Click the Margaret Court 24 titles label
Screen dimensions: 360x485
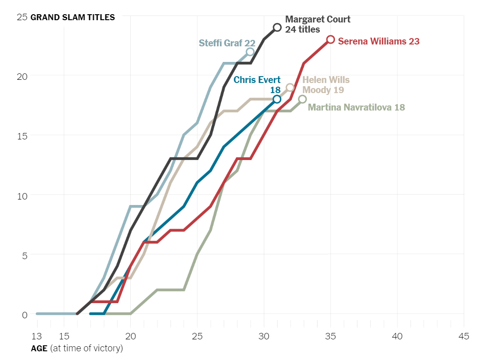[x=318, y=24]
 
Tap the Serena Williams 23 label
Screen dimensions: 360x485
[x=379, y=41]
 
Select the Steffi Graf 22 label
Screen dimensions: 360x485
[x=227, y=43]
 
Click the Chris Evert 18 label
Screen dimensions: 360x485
[x=257, y=85]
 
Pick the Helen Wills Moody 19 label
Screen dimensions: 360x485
[x=326, y=85]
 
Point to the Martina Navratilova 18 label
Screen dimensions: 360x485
[x=356, y=107]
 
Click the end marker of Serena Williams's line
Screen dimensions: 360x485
[x=330, y=39]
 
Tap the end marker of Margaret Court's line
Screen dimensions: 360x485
[x=277, y=28]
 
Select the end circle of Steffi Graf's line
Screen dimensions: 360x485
[x=250, y=52]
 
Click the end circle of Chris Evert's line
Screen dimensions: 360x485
[x=277, y=99]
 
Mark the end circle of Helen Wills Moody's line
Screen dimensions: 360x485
[x=290, y=88]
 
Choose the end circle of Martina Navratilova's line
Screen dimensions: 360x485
[x=302, y=99]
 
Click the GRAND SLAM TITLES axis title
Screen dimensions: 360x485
[x=72, y=17]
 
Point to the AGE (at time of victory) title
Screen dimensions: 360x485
[x=77, y=349]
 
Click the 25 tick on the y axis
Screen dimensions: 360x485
[x=22, y=17]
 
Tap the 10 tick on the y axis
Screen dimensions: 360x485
[x=22, y=195]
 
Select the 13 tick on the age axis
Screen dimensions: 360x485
[x=37, y=337]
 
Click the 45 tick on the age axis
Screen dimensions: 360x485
[x=463, y=337]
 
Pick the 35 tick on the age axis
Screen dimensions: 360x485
[x=330, y=337]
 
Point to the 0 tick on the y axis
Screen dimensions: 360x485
[x=24, y=315]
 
